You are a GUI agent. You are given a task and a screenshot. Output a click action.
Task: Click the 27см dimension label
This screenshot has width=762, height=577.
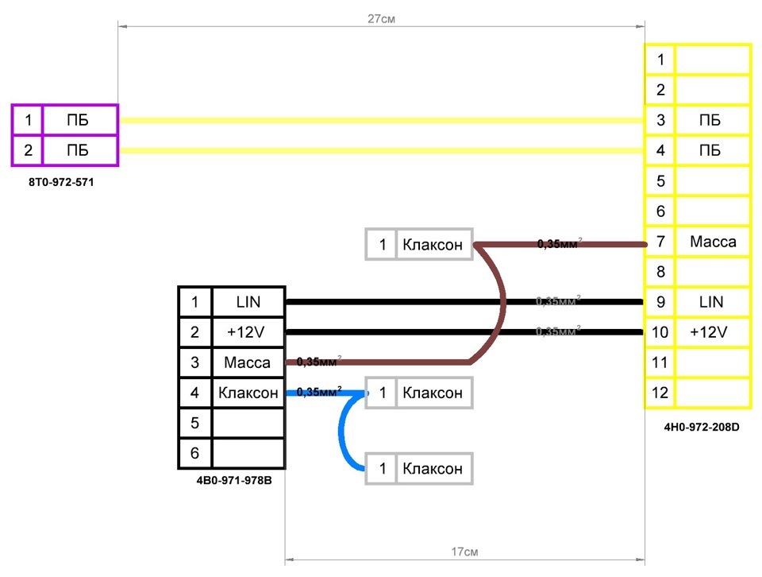(382, 18)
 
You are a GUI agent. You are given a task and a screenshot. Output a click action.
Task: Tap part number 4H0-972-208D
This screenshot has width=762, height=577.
(702, 427)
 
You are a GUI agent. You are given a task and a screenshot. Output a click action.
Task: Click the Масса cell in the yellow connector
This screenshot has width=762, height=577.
(712, 242)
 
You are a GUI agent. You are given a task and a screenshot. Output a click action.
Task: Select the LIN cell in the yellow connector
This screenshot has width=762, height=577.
(712, 302)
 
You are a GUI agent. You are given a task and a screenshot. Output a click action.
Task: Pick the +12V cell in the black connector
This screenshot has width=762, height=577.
(248, 332)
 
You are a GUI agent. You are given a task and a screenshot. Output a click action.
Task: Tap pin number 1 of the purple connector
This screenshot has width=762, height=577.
(28, 121)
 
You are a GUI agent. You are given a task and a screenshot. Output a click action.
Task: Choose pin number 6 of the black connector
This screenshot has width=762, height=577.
(195, 454)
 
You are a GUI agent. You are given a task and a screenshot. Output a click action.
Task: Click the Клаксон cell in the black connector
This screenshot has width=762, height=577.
(248, 393)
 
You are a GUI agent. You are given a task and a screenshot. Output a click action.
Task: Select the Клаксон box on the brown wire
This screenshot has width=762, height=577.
(432, 245)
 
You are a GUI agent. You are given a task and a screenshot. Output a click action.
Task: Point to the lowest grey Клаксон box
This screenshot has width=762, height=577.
(432, 469)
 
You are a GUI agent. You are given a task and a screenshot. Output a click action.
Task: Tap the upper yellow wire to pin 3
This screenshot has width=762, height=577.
(381, 121)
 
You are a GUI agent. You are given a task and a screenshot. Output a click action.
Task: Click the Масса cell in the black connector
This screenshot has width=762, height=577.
(248, 362)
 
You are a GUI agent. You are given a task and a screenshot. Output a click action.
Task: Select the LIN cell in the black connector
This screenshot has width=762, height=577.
(248, 302)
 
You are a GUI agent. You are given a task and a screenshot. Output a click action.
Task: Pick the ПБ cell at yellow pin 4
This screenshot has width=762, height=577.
(712, 151)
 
